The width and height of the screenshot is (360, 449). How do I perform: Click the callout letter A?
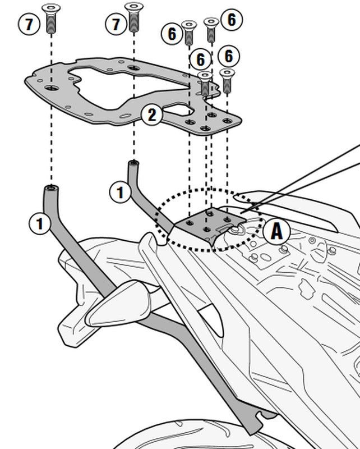276,231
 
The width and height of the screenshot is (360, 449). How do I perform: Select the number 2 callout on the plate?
151,115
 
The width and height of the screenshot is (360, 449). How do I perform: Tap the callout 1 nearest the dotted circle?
120,192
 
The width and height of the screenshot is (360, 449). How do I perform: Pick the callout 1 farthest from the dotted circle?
40,223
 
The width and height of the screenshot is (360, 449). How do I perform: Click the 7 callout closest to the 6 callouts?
116,24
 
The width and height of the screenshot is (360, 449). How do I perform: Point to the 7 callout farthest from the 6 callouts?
29,24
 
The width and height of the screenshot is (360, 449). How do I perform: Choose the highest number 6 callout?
232,20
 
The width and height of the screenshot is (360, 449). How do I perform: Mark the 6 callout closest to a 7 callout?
172,34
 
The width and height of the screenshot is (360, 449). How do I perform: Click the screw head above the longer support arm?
51,8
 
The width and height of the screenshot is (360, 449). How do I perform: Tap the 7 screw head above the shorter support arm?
134,6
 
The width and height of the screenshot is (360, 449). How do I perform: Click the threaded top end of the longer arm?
51,188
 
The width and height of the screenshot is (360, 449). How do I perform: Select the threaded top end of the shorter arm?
133,163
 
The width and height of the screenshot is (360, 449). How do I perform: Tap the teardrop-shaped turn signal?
118,304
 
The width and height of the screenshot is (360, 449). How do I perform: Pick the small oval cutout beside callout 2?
178,109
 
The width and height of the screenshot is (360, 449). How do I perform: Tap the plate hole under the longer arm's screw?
52,88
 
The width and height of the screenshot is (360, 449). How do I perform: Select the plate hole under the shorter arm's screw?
133,68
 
